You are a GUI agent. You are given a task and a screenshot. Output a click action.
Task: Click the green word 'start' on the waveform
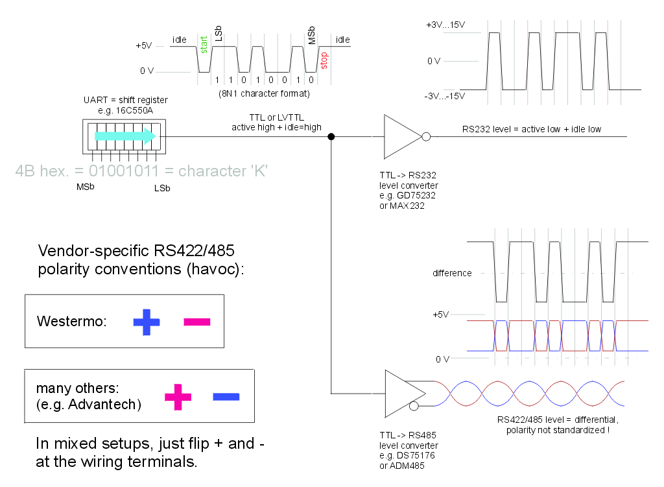pos(204,45)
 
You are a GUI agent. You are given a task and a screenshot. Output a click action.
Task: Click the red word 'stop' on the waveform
pos(325,60)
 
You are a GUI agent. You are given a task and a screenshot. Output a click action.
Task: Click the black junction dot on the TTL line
pos(331,137)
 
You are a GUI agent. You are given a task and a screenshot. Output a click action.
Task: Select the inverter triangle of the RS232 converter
pos(401,137)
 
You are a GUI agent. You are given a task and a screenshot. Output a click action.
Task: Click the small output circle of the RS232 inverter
pos(426,137)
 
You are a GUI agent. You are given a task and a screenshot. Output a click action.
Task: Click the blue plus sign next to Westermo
pos(147,322)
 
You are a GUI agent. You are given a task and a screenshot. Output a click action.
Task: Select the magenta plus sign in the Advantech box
pos(178,397)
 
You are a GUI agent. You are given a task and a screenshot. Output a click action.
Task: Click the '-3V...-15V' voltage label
pos(445,96)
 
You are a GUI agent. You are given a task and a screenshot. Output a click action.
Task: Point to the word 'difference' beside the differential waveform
pos(452,273)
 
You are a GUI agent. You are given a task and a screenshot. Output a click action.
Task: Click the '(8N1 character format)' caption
pos(264,93)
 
